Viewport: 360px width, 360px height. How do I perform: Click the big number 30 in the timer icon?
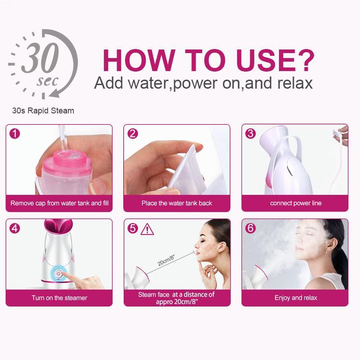(40, 58)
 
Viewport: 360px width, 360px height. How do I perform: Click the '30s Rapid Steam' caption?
(43, 111)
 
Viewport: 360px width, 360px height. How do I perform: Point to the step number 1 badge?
(15, 134)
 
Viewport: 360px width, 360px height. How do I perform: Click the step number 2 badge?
(133, 134)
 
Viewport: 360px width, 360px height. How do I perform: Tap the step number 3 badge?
(251, 133)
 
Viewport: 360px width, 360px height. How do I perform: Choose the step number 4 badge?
(15, 229)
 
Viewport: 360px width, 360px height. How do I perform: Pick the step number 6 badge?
(251, 228)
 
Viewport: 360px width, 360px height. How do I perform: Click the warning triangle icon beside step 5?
(147, 229)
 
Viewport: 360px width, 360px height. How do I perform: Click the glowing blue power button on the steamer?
(58, 274)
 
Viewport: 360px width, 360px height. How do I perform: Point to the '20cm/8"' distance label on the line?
(166, 260)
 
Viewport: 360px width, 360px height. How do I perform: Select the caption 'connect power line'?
(296, 203)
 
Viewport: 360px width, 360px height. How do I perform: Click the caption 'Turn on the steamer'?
(59, 298)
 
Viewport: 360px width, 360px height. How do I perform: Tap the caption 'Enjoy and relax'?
(296, 298)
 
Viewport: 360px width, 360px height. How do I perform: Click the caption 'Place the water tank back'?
(177, 203)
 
